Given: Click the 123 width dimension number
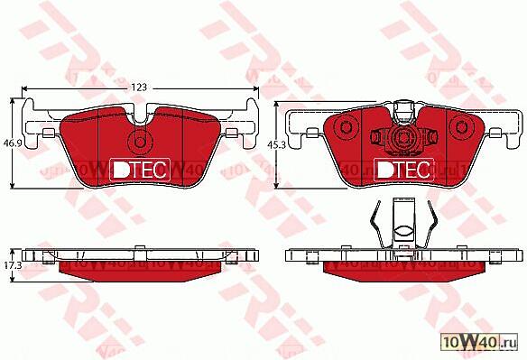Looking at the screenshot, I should pos(139,87).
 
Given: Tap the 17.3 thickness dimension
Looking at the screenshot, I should pos(12,266).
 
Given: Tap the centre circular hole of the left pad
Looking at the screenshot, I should pos(139,143).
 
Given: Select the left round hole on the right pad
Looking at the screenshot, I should pos(377,138).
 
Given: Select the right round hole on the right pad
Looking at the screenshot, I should pos(431,138).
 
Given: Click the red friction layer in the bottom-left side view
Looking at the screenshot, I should pos(139,266).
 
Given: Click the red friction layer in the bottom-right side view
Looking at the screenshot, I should pos(403,266).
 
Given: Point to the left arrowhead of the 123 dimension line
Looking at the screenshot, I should pos(25,88).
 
